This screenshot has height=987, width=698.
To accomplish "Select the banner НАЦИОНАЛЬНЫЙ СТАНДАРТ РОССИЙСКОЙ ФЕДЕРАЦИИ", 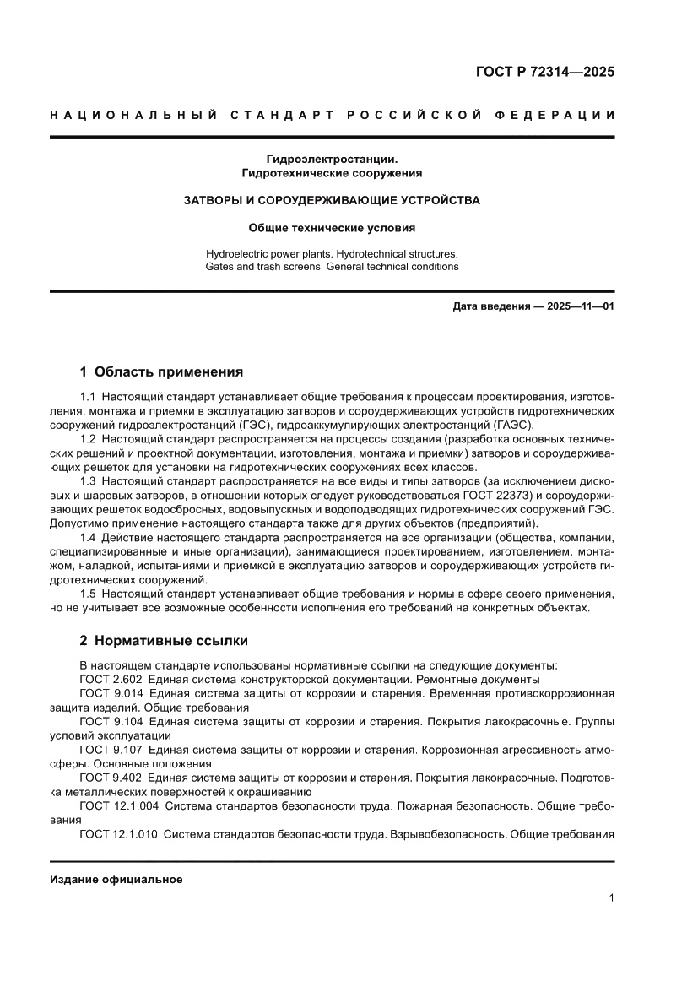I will [x=332, y=115].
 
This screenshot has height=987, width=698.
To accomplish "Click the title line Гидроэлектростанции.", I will [x=332, y=158].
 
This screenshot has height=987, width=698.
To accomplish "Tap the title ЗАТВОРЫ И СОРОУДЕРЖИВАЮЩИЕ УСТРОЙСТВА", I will [x=332, y=200].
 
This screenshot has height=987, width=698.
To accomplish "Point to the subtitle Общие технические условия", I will [x=332, y=227].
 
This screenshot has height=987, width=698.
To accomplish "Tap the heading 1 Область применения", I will [x=161, y=371].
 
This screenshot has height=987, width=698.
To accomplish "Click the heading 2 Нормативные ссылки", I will [x=164, y=640].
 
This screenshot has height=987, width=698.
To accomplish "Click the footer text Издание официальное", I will [x=116, y=879].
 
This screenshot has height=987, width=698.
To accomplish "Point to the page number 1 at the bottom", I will [x=610, y=898].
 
